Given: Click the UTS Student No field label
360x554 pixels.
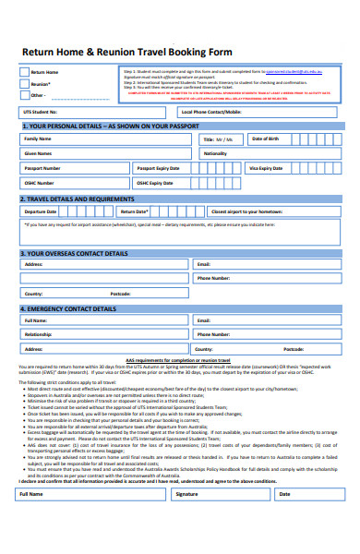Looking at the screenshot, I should [x=42, y=111].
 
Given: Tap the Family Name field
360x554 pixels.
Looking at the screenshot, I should [x=102, y=139].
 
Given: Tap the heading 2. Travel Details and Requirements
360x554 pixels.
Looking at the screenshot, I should [x=78, y=199].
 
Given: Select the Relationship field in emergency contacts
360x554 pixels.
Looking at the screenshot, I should [x=102, y=335].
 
